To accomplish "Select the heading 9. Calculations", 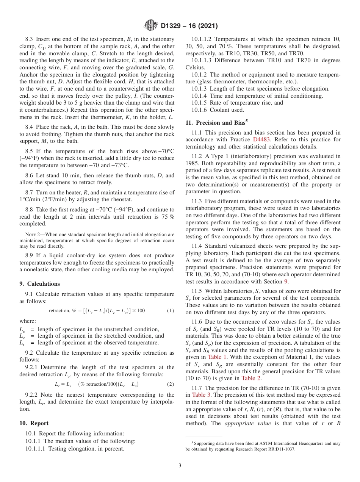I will pos(39,284).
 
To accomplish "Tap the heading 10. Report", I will pos(34,423).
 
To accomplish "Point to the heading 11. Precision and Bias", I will pos(216,122).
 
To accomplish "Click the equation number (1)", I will pos(171,311).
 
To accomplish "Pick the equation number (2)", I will pos(171,384).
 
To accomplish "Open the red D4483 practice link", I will pos(261,139).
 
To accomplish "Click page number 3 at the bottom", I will pos(180,465).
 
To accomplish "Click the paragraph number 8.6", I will pos(30,176).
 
